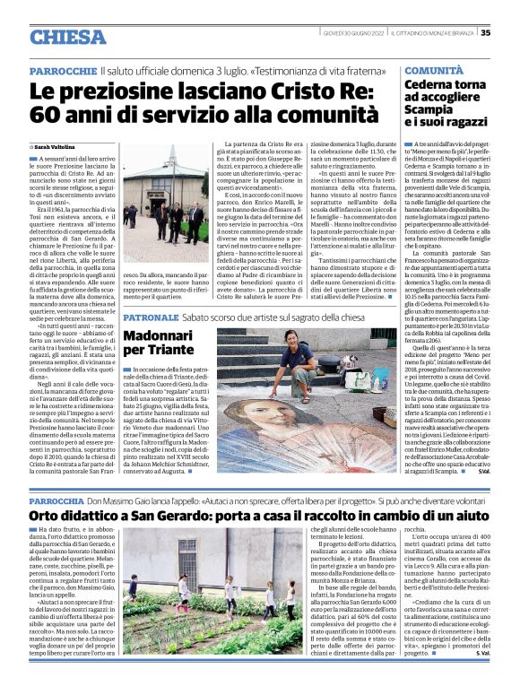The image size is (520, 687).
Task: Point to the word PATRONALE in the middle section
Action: [148, 317]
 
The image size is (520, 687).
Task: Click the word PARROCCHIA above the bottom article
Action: [57, 499]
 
